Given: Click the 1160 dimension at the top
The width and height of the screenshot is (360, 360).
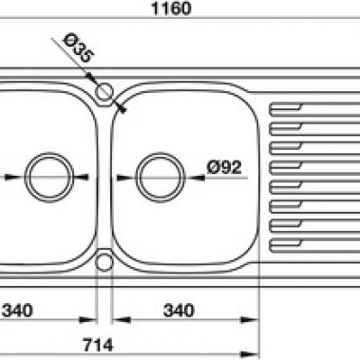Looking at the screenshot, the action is pyautogui.click(x=172, y=8).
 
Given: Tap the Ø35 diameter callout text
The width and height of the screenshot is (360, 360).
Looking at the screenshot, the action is pyautogui.click(x=78, y=48).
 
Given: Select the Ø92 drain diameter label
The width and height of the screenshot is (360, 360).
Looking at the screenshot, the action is pyautogui.click(x=224, y=167).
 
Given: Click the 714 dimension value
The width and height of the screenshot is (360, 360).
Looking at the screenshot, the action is pyautogui.click(x=98, y=345).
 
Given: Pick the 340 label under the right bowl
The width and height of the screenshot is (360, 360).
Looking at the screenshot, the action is pyautogui.click(x=179, y=311).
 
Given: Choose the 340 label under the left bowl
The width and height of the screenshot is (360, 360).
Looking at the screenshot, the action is pyautogui.click(x=17, y=311).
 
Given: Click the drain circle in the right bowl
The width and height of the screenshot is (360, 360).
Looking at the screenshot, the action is pyautogui.click(x=161, y=177).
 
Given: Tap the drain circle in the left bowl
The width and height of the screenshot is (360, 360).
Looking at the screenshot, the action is pyautogui.click(x=49, y=177).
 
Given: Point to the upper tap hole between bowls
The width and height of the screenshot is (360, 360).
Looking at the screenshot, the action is pyautogui.click(x=104, y=92).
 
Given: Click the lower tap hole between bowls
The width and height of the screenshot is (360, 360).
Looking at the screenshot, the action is pyautogui.click(x=104, y=262).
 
